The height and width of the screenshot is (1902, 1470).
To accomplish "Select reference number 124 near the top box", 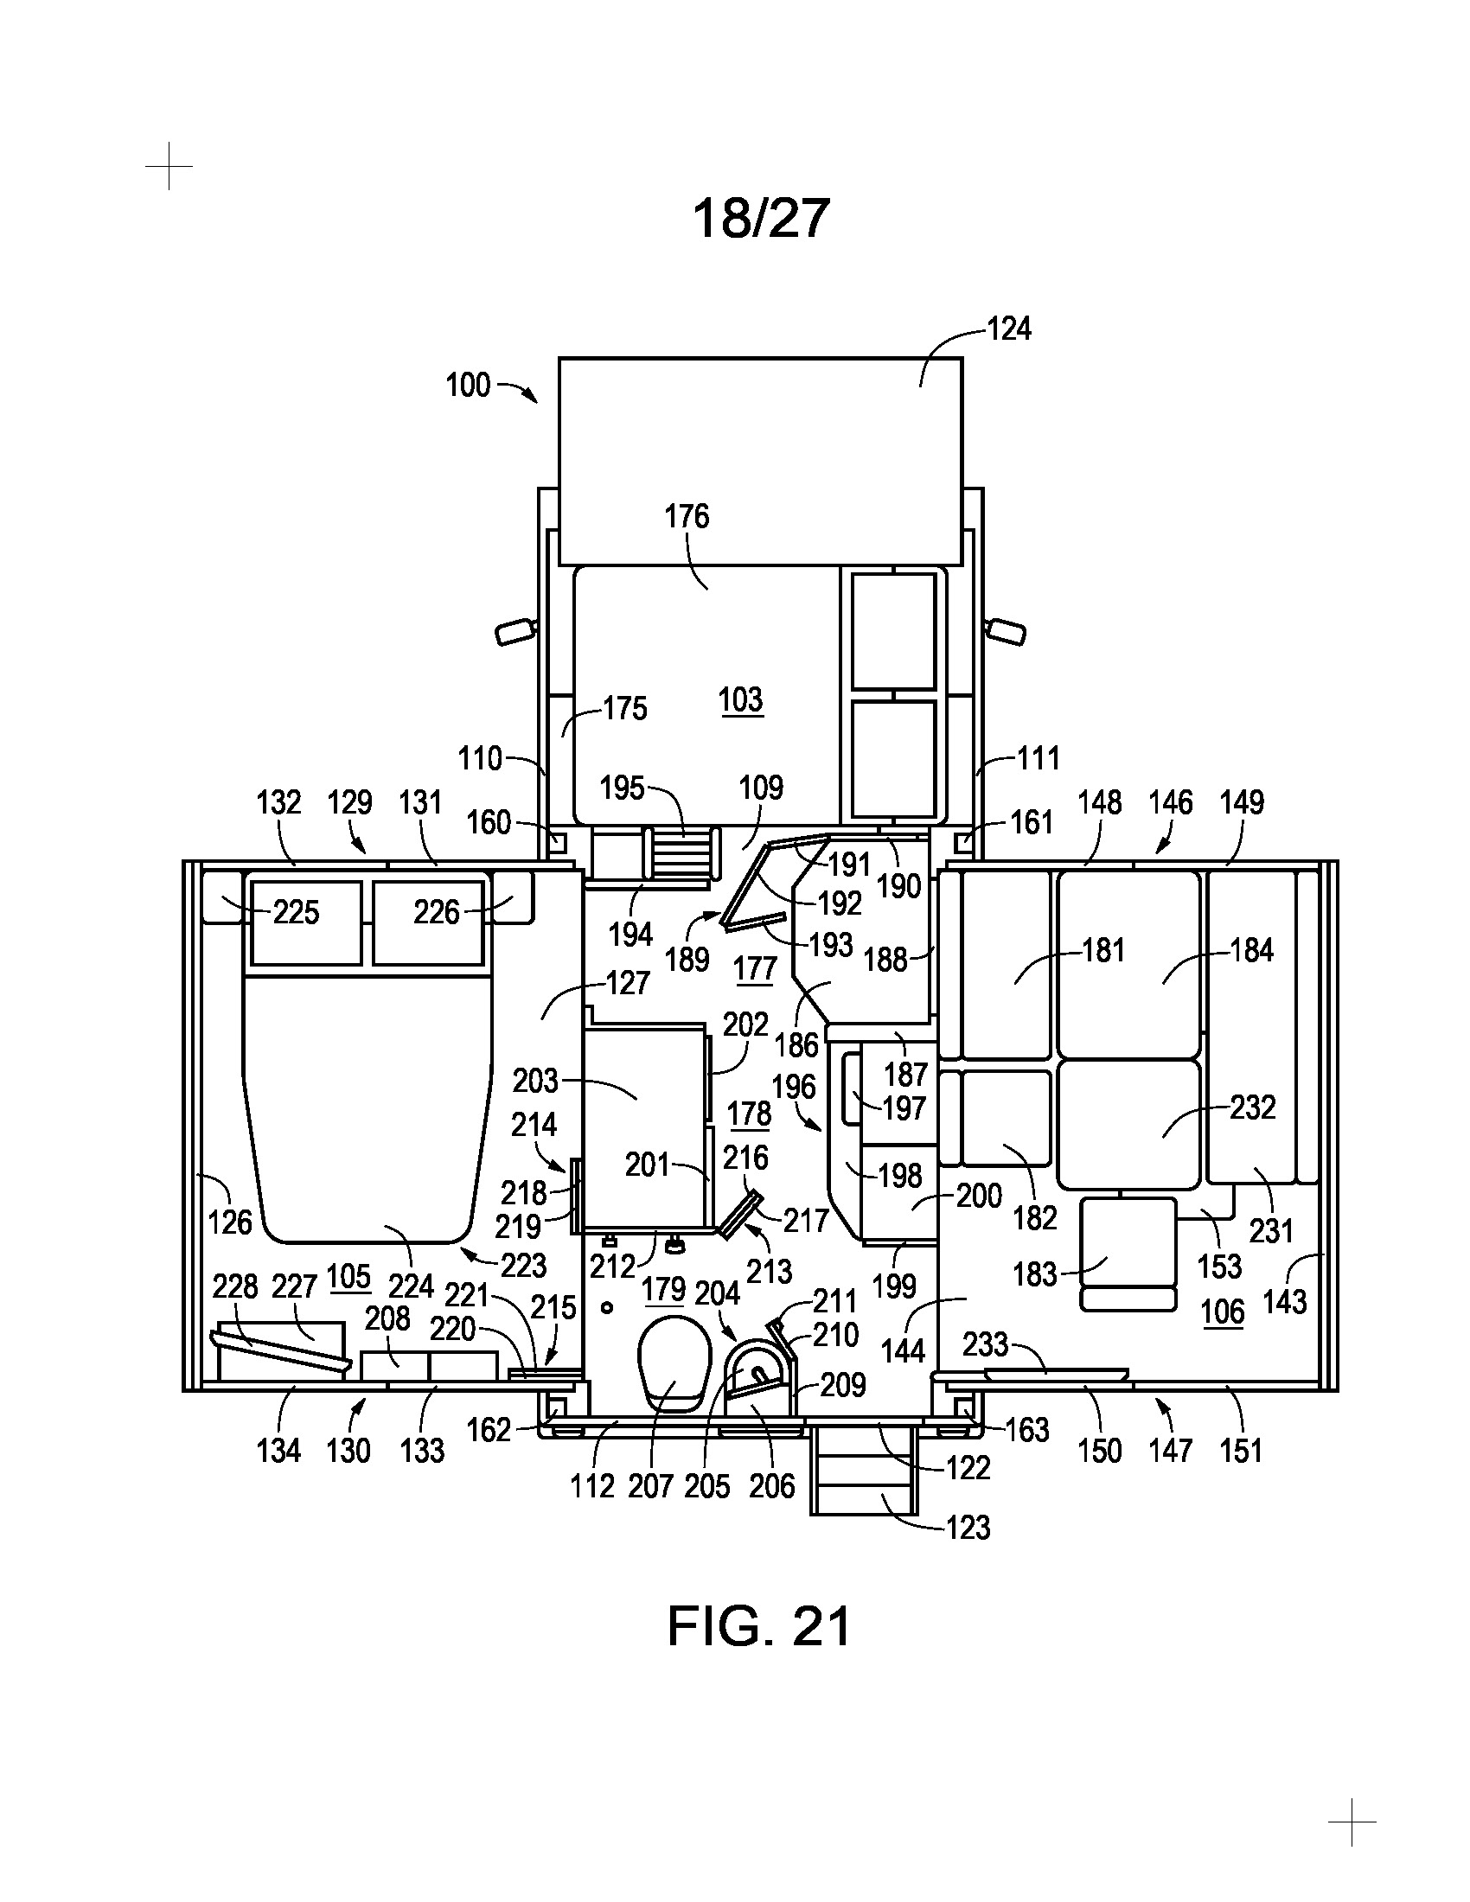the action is click(1008, 329).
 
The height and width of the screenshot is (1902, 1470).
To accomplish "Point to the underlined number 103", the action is click(741, 699).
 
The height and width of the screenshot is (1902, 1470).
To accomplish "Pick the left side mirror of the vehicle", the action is click(514, 631).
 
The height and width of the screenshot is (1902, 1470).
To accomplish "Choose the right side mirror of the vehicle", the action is click(1006, 631).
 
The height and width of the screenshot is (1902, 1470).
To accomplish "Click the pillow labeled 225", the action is click(305, 923).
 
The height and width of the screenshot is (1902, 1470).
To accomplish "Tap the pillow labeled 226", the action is click(427, 923).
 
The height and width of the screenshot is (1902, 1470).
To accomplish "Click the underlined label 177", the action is click(755, 968).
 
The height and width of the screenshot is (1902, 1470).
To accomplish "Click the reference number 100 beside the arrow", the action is click(468, 385).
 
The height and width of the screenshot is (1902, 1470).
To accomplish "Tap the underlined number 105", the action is click(348, 1276).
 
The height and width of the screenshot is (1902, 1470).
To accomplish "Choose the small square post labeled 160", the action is click(558, 843).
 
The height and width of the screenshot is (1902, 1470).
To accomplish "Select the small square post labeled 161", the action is click(964, 843).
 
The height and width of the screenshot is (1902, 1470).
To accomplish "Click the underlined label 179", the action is click(664, 1289).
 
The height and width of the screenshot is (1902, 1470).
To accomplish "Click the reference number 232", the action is click(1252, 1107).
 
